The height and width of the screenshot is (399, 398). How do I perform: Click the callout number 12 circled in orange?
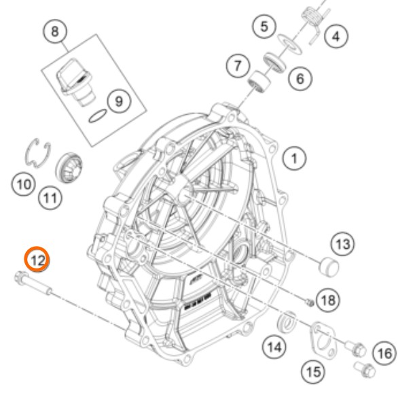tap(37, 259)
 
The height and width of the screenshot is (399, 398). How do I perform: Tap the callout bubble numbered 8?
tap(55, 32)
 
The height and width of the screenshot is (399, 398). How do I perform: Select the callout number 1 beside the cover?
tap(295, 158)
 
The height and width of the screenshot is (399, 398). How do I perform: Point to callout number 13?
tap(343, 244)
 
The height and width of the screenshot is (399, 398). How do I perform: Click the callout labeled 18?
tap(328, 300)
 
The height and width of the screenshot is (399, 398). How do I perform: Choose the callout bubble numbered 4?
tap(336, 37)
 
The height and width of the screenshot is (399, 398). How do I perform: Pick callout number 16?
tap(385, 353)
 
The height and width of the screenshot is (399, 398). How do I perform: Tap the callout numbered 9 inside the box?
tap(119, 101)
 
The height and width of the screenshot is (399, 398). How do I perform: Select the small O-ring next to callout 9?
tap(98, 116)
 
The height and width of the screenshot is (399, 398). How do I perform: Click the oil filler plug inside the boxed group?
tap(75, 82)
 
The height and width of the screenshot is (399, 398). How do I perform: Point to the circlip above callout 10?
tap(38, 153)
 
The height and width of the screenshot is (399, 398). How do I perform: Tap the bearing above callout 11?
tap(69, 168)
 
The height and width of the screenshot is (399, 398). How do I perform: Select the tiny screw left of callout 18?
tap(310, 302)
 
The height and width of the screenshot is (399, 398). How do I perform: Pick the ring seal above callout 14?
tap(287, 322)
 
